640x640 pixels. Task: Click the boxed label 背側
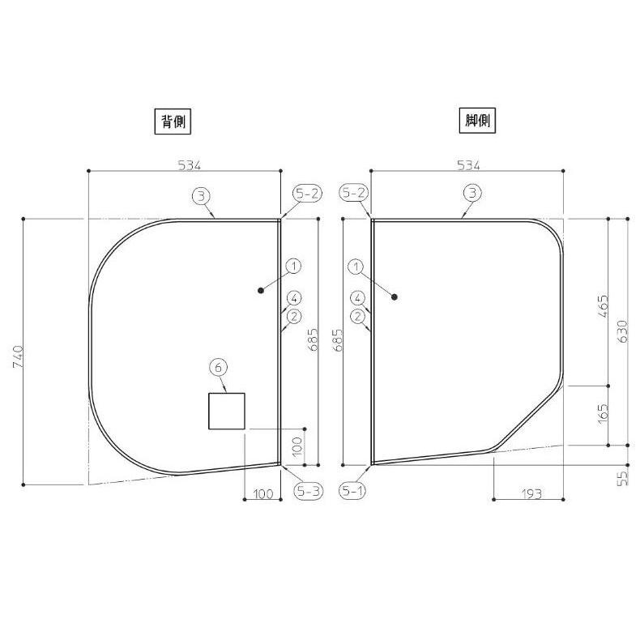173,122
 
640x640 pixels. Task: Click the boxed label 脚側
477,121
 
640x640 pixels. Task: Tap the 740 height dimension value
18,356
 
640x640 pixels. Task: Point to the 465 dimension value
603,306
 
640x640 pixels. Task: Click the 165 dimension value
603,414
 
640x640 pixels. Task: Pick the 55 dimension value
621,478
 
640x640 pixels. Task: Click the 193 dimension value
531,494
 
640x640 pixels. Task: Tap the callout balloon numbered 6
218,368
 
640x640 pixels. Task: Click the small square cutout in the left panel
227,411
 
